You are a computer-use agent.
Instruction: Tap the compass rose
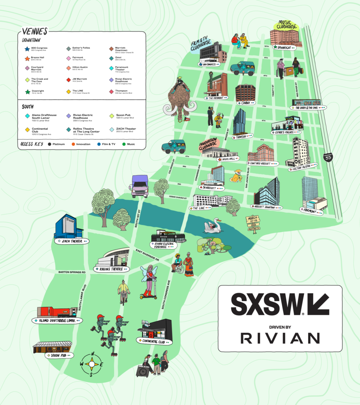92,363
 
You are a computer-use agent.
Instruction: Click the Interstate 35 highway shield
328,157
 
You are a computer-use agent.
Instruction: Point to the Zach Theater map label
72,240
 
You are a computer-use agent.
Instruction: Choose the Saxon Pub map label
58,355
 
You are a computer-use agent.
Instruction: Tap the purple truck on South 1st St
139,186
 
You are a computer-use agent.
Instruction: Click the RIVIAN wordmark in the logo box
280,338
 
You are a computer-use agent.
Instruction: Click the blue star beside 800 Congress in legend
27,49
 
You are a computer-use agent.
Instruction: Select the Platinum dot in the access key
50,144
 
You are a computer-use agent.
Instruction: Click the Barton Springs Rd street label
72,272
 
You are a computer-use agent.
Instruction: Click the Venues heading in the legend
35,31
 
